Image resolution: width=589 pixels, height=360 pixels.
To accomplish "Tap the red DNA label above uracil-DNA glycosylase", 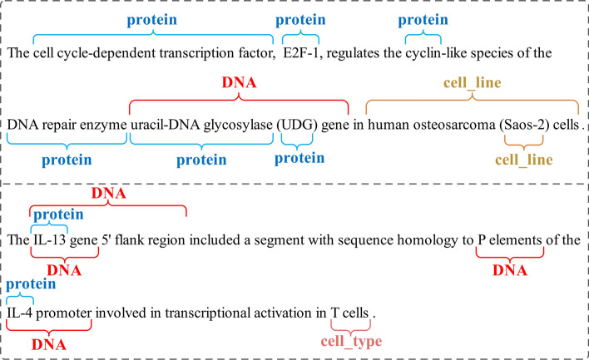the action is click(239, 82).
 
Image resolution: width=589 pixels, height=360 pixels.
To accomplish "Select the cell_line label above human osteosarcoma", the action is click(473, 83).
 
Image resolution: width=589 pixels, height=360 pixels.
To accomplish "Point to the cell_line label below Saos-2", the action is click(523, 160).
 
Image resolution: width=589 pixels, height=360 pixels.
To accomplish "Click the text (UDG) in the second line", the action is click(297, 125).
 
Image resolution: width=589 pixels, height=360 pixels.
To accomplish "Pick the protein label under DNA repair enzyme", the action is click(67, 160).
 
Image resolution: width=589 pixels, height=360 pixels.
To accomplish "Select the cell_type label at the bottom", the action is click(351, 341).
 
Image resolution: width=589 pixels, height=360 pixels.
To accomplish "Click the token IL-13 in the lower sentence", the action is click(50, 240).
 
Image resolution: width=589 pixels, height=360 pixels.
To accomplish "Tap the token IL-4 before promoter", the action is click(20, 313).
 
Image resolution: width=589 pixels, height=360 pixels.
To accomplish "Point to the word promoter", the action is click(64, 313).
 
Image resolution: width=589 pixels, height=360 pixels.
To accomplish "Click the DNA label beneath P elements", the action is click(510, 270).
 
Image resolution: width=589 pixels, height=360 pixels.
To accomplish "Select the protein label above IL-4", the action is click(31, 284).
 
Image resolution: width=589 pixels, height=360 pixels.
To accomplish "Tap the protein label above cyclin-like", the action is click(423, 20).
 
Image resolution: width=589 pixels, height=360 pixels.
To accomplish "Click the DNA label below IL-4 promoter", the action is click(49, 344).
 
